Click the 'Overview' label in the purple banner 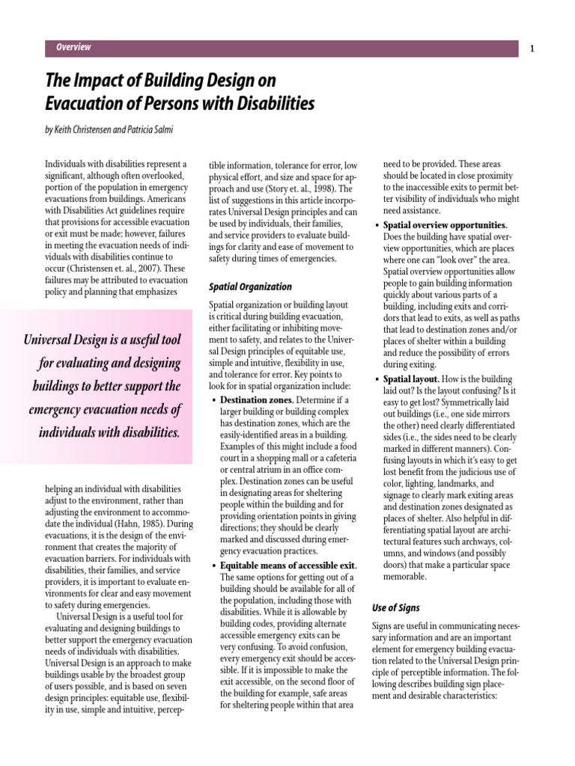pos(73,47)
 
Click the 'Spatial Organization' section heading pos(249,287)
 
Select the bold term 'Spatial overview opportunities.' pos(445,225)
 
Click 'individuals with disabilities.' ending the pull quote pos(109,432)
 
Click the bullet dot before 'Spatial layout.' pos(376,380)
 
